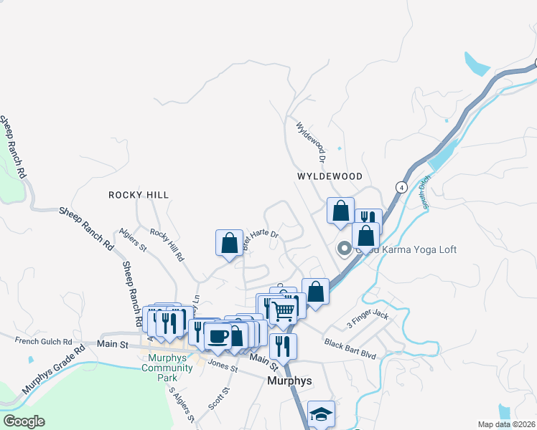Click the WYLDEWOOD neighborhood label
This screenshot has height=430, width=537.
pos(330,176)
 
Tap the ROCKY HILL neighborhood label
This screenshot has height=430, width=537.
pos(139,195)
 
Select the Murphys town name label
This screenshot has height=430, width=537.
pos(289,381)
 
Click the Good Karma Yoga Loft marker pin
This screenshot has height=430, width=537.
pos(344,249)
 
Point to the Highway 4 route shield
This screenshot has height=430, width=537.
pos(400,186)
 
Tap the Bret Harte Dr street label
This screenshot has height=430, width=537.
pos(260,239)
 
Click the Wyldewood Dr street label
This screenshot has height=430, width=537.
pos(312,140)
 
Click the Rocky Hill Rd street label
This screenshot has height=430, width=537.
pos(167,244)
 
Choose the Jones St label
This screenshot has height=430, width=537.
pos(223,365)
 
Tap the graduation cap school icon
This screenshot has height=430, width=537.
pos(321,413)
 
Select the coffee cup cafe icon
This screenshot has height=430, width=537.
pos(218,335)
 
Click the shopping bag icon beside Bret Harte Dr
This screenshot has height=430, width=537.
pos(229,242)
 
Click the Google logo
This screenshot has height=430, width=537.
pos(24,421)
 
